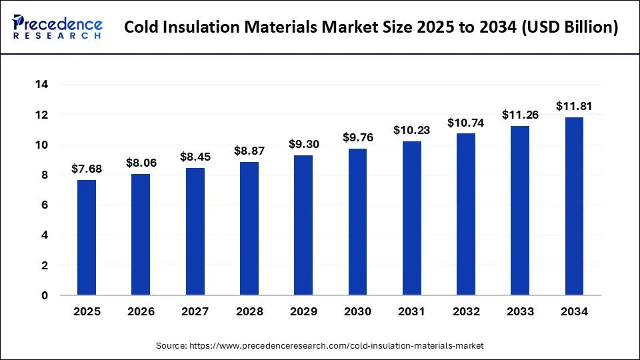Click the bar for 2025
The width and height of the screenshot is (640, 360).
[87, 237]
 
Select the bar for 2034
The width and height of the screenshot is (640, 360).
[574, 206]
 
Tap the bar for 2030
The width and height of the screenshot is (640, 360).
[357, 222]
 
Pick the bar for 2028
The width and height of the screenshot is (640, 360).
[249, 229]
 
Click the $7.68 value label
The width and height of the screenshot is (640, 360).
[87, 169]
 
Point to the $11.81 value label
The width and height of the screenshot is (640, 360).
[574, 107]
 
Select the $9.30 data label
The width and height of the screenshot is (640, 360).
[303, 144]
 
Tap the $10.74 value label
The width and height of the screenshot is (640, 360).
[466, 123]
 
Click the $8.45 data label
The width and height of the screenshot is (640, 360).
[195, 157]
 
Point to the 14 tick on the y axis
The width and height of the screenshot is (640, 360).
[41, 85]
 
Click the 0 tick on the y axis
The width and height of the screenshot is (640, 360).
[45, 295]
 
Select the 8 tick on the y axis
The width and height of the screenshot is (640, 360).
[45, 175]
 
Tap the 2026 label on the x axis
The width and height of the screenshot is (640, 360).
[141, 311]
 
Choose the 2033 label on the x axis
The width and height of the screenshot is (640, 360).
[520, 311]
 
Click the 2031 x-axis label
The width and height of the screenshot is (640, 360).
[411, 311]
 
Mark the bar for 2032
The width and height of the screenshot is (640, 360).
[466, 214]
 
